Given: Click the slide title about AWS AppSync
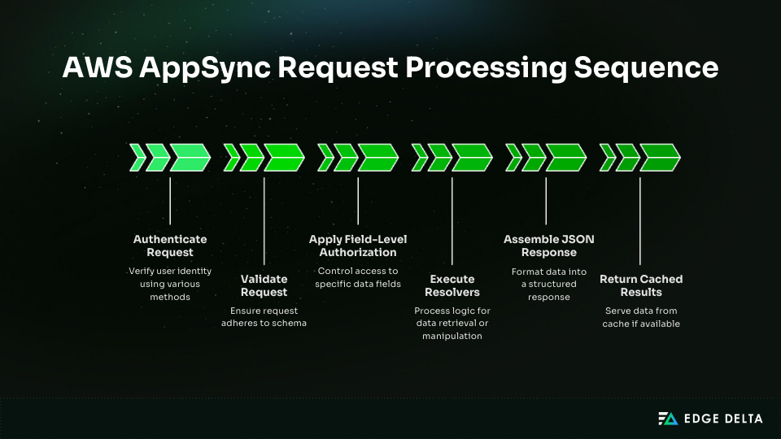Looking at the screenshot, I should tap(390, 68).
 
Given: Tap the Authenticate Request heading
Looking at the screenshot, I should tap(170, 246).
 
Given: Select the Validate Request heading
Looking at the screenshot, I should tap(264, 285).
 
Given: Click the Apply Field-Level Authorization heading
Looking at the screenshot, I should tap(358, 246).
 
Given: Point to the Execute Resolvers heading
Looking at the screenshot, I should tap(452, 285).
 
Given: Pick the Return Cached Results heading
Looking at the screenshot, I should tap(640, 285).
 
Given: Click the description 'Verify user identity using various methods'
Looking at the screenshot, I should tap(170, 284).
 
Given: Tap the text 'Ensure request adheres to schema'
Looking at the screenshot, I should tap(264, 317).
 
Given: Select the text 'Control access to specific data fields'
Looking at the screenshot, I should tap(358, 277).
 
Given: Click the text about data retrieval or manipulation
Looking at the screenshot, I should tap(452, 323).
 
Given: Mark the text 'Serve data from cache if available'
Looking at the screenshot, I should tap(640, 317).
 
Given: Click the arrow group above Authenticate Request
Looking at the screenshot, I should tap(170, 157).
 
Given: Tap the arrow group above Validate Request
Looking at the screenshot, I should tap(264, 157).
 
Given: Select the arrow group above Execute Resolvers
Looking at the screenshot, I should tap(452, 157).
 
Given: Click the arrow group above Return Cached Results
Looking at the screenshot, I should tap(640, 157).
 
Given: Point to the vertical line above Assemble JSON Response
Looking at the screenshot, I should tap(546, 201).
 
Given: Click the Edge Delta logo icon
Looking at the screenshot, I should tap(668, 419).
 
